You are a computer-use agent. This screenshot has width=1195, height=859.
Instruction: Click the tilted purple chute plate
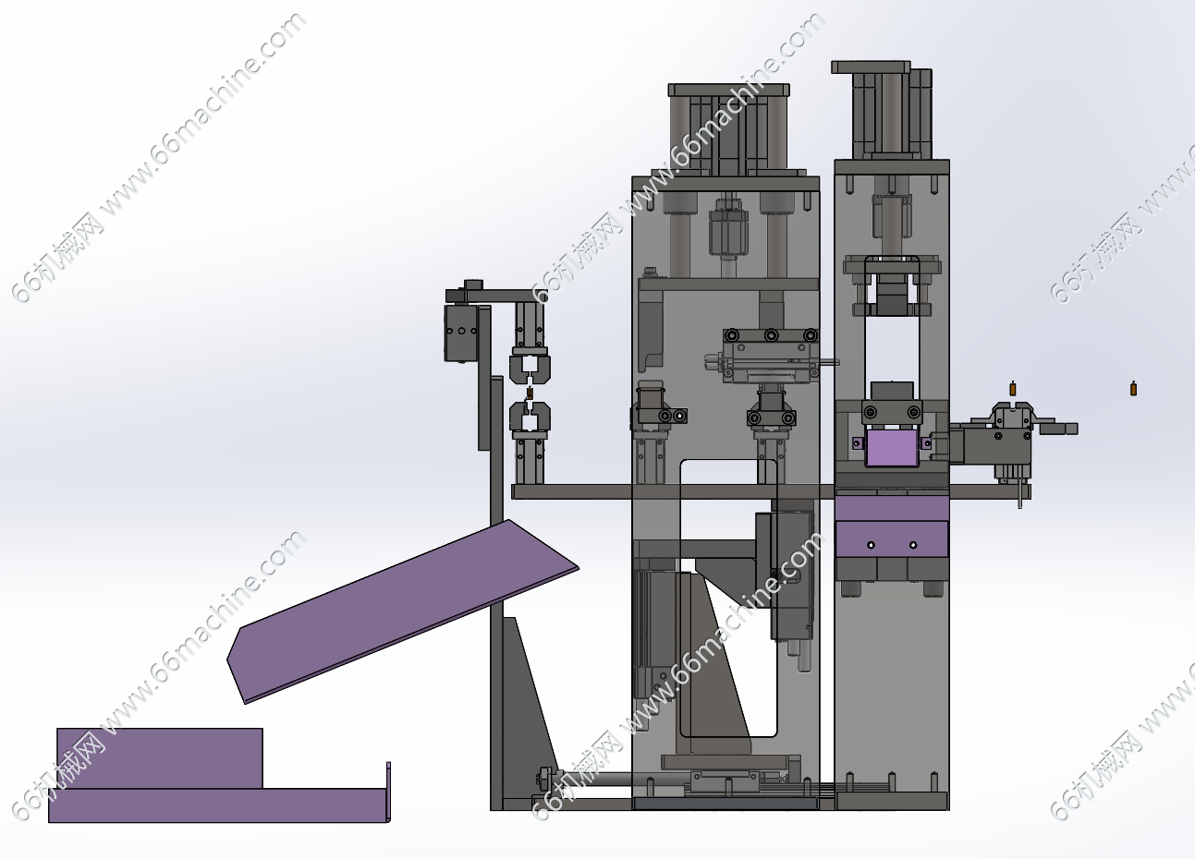tap(403, 611)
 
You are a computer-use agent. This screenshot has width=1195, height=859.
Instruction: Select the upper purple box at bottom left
tap(160, 757)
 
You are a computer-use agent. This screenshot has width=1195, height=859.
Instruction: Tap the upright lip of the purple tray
tap(388, 792)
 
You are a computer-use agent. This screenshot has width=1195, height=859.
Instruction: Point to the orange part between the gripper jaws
tap(530, 393)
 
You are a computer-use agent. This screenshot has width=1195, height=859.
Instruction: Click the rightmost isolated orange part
tap(1134, 388)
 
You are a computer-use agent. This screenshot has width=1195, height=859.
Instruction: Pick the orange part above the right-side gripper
tap(1013, 388)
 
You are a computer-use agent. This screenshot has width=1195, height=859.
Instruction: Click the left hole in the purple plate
tap(872, 545)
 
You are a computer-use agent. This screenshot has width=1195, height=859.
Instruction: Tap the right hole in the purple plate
tap(913, 545)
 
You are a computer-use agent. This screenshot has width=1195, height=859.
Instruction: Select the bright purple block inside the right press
tap(893, 448)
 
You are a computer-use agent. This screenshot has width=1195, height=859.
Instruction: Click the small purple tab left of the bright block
tap(858, 443)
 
